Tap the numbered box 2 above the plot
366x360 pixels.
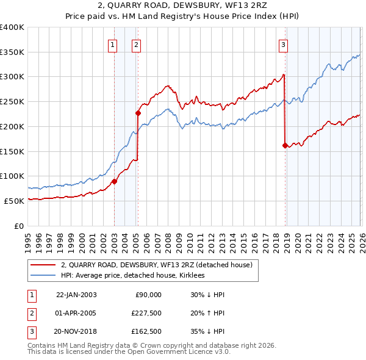coord(136,44)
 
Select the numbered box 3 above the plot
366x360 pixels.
coord(284,44)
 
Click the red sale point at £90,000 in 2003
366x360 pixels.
coord(114,181)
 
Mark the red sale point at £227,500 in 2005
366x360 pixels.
coord(138,113)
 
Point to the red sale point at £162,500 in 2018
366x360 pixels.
coord(285,145)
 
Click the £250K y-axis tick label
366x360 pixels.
coord(12,101)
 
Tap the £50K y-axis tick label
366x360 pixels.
coord(14,201)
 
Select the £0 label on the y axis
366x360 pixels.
coord(20,226)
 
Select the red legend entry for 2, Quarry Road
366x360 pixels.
coord(160,264)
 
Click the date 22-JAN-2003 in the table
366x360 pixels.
coord(76,294)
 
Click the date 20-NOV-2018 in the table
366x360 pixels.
coord(76,332)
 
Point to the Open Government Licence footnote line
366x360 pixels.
coord(129,352)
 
